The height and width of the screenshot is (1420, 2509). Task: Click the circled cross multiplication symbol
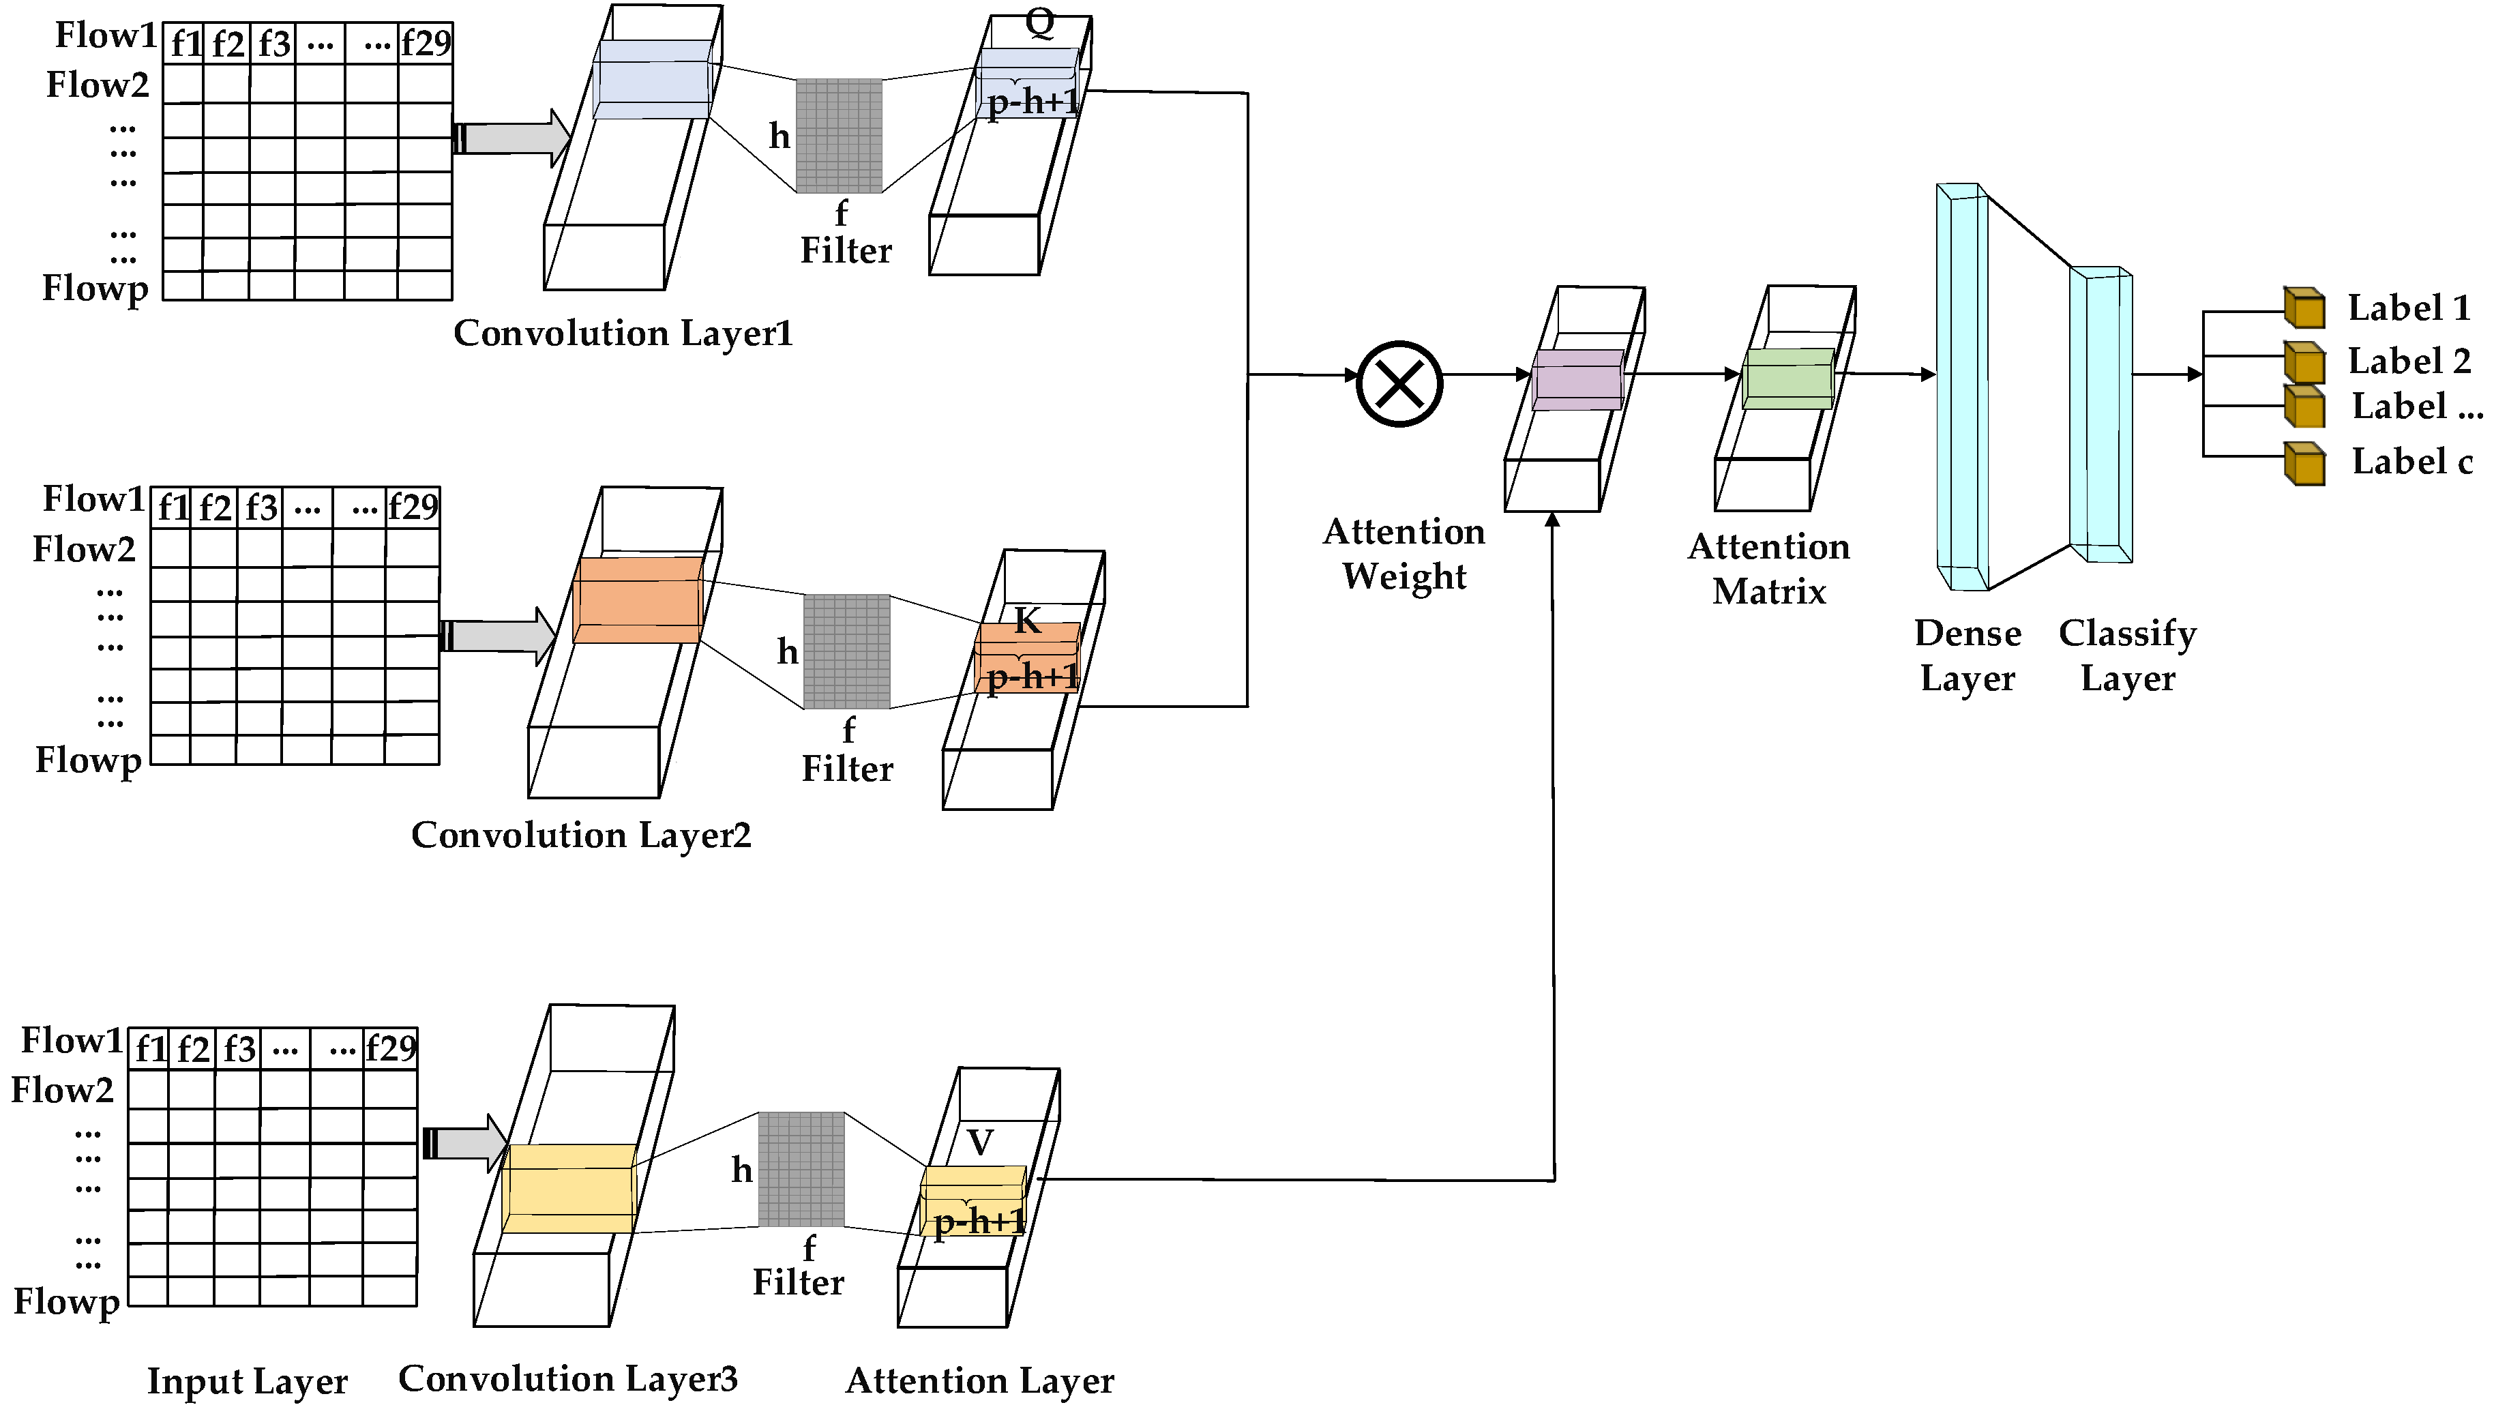(x=1399, y=383)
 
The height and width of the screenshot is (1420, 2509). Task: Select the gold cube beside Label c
(x=2304, y=463)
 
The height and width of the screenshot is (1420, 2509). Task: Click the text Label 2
(x=2409, y=361)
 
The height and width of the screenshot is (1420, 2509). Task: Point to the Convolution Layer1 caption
(x=623, y=334)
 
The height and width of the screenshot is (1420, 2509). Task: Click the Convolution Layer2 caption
(x=581, y=835)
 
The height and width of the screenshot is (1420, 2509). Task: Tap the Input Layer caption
(x=247, y=1381)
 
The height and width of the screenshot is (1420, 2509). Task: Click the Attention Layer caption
(x=979, y=1380)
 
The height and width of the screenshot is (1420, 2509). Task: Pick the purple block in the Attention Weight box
(x=1577, y=381)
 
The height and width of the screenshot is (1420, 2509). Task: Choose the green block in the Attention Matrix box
(x=1788, y=379)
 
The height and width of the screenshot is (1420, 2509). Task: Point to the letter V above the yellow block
(x=980, y=1142)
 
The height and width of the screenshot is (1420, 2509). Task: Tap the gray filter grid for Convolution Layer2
(x=846, y=651)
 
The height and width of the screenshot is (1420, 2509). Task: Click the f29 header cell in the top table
(x=425, y=43)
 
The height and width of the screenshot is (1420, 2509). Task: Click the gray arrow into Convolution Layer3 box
(x=465, y=1143)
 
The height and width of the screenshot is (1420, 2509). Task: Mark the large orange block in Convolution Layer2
(x=638, y=600)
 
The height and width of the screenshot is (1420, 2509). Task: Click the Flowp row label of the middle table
(x=89, y=760)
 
